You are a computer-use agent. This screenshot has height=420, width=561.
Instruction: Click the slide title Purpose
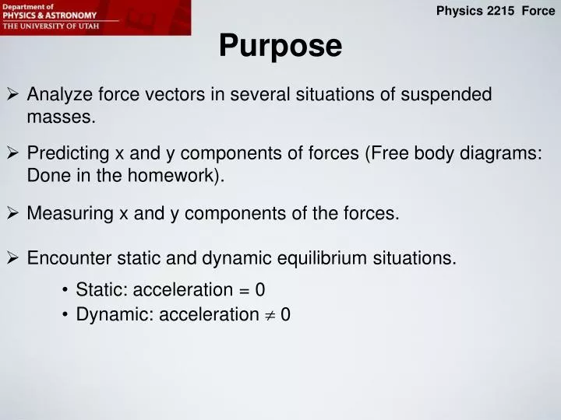(x=280, y=46)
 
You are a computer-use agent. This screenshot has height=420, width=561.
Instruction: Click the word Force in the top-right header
(x=538, y=11)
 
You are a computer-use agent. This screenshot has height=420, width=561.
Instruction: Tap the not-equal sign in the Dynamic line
(x=270, y=315)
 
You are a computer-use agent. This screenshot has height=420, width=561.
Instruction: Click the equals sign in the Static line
(x=244, y=290)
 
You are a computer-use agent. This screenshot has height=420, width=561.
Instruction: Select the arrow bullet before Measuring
(x=13, y=213)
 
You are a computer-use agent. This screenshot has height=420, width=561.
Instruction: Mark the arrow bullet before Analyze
(x=13, y=95)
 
